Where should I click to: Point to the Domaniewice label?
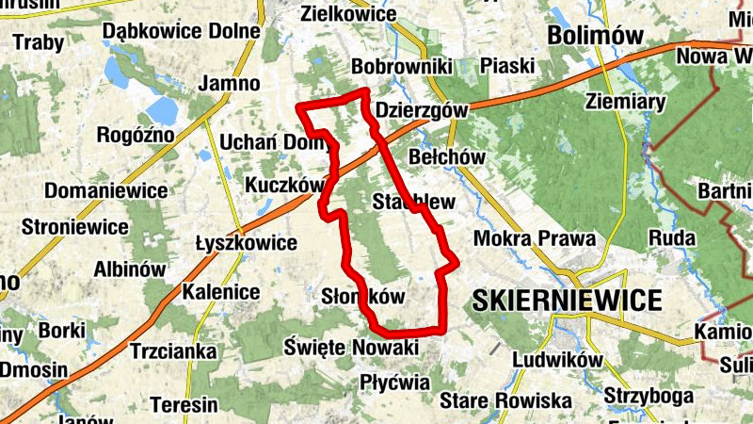point(106,191)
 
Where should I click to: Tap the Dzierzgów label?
point(421,110)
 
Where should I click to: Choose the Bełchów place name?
point(447,155)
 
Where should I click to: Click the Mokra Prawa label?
point(534,239)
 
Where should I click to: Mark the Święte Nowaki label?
point(350,348)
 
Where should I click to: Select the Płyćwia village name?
point(394,383)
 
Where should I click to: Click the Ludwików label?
point(557,359)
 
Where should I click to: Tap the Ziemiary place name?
point(625,101)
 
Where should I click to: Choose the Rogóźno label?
point(136,135)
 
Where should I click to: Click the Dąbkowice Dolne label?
point(181,31)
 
